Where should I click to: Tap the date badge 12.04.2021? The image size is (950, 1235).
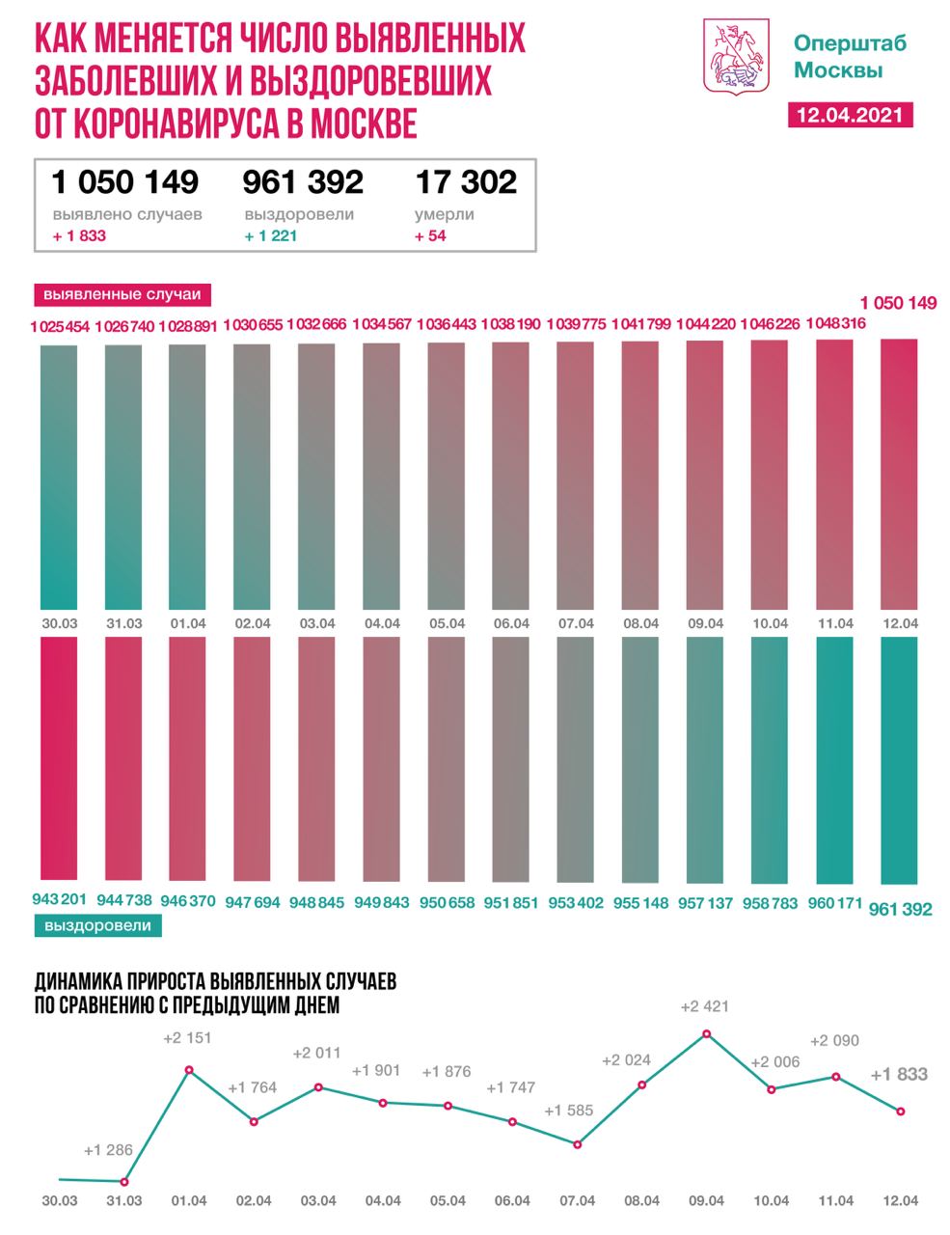click(849, 115)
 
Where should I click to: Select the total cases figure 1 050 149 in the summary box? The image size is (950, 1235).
click(125, 181)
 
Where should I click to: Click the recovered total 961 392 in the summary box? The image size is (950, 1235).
click(303, 181)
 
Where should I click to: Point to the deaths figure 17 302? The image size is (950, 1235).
click(466, 181)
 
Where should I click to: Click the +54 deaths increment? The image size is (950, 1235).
click(430, 235)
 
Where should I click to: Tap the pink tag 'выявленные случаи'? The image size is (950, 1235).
click(123, 294)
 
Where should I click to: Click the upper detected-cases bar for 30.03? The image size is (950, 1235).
click(59, 478)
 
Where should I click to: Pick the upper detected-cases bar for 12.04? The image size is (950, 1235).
click(899, 473)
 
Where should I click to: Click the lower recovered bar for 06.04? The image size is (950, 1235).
click(511, 759)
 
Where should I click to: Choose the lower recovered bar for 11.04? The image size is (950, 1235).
click(834, 759)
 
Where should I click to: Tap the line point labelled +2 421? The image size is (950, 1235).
click(707, 1033)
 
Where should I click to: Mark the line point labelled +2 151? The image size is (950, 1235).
click(189, 1070)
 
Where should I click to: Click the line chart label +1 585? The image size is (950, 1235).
click(569, 1111)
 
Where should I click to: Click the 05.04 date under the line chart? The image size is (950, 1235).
click(448, 1200)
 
